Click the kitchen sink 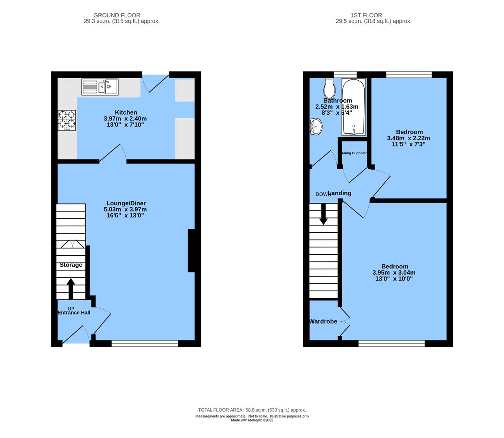pyautogui.click(x=100, y=87)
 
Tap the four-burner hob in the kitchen pyautogui.click(x=67, y=120)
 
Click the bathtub pyautogui.click(x=354, y=107)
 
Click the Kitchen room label pyautogui.click(x=126, y=112)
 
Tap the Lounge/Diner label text pyautogui.click(x=126, y=203)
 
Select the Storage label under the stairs pyautogui.click(x=71, y=265)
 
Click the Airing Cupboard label pyautogui.click(x=355, y=153)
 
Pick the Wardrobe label pyautogui.click(x=323, y=321)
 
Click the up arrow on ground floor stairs pyautogui.click(x=71, y=288)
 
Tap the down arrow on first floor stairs pyautogui.click(x=323, y=213)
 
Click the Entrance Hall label pyautogui.click(x=74, y=313)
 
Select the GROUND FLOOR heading pyautogui.click(x=117, y=15)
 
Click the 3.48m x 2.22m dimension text pyautogui.click(x=408, y=138)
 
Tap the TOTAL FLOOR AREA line pyautogui.click(x=252, y=410)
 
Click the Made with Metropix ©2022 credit pyautogui.click(x=252, y=420)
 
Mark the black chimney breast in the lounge pyautogui.click(x=191, y=251)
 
